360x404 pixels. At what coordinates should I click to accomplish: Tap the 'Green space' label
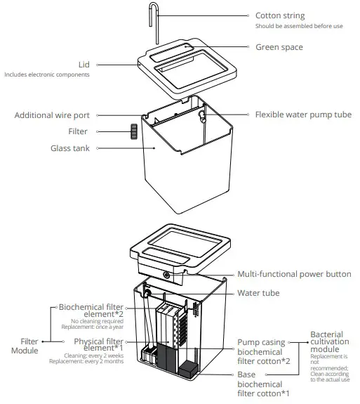(279, 47)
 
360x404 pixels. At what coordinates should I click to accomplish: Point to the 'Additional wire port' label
(53, 115)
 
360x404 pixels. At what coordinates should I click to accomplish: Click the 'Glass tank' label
(69, 148)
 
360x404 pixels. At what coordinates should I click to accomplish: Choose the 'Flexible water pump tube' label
(303, 115)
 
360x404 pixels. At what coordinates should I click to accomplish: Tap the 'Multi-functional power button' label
(295, 275)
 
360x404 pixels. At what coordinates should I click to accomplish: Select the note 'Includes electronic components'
(47, 74)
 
